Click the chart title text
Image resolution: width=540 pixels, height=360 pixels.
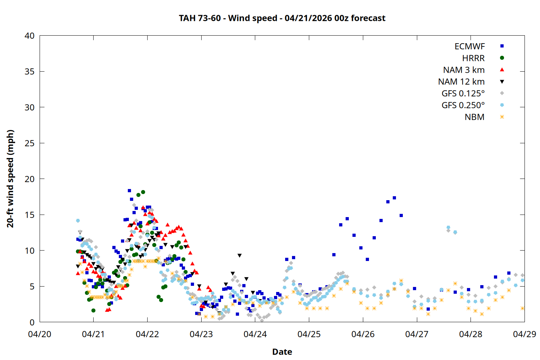point(282,18)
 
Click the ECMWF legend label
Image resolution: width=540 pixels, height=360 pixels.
point(469,46)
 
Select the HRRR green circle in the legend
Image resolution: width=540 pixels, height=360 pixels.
point(502,58)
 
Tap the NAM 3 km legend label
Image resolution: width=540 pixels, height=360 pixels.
point(464,70)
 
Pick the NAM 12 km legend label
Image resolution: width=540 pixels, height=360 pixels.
point(461,82)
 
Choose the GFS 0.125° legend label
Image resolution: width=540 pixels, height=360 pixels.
point(463,94)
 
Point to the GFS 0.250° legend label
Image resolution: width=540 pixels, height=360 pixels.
point(463,105)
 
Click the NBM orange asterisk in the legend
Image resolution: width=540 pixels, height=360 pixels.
point(502,117)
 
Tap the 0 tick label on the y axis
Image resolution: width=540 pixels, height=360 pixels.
point(32,322)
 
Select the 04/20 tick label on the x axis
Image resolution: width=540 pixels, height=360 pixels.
point(40,334)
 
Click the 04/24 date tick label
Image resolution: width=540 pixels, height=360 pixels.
point(255,334)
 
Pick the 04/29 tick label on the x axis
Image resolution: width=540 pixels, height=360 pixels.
point(524,334)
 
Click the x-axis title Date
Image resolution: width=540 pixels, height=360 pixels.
point(282,352)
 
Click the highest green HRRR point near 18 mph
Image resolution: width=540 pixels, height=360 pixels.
point(143,192)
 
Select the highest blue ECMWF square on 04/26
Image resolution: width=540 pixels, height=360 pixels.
point(394,198)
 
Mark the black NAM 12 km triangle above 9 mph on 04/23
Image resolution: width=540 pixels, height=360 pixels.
point(239,256)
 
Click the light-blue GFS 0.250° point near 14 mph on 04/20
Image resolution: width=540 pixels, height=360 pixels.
point(78,221)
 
